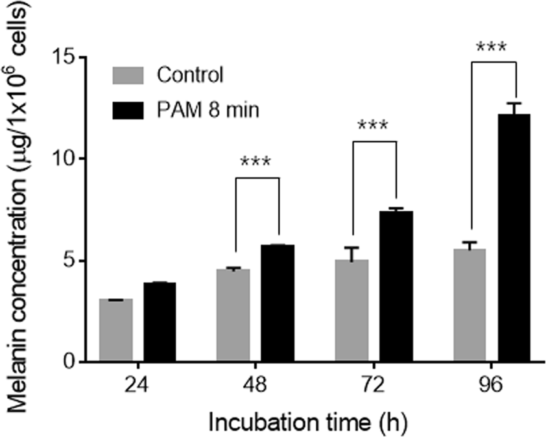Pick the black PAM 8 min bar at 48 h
(x=278, y=303)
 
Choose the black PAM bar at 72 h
(x=396, y=286)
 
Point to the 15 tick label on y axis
(x=77, y=57)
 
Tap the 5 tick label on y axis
(x=82, y=261)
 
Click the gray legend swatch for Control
(x=131, y=75)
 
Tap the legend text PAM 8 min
(x=208, y=110)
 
